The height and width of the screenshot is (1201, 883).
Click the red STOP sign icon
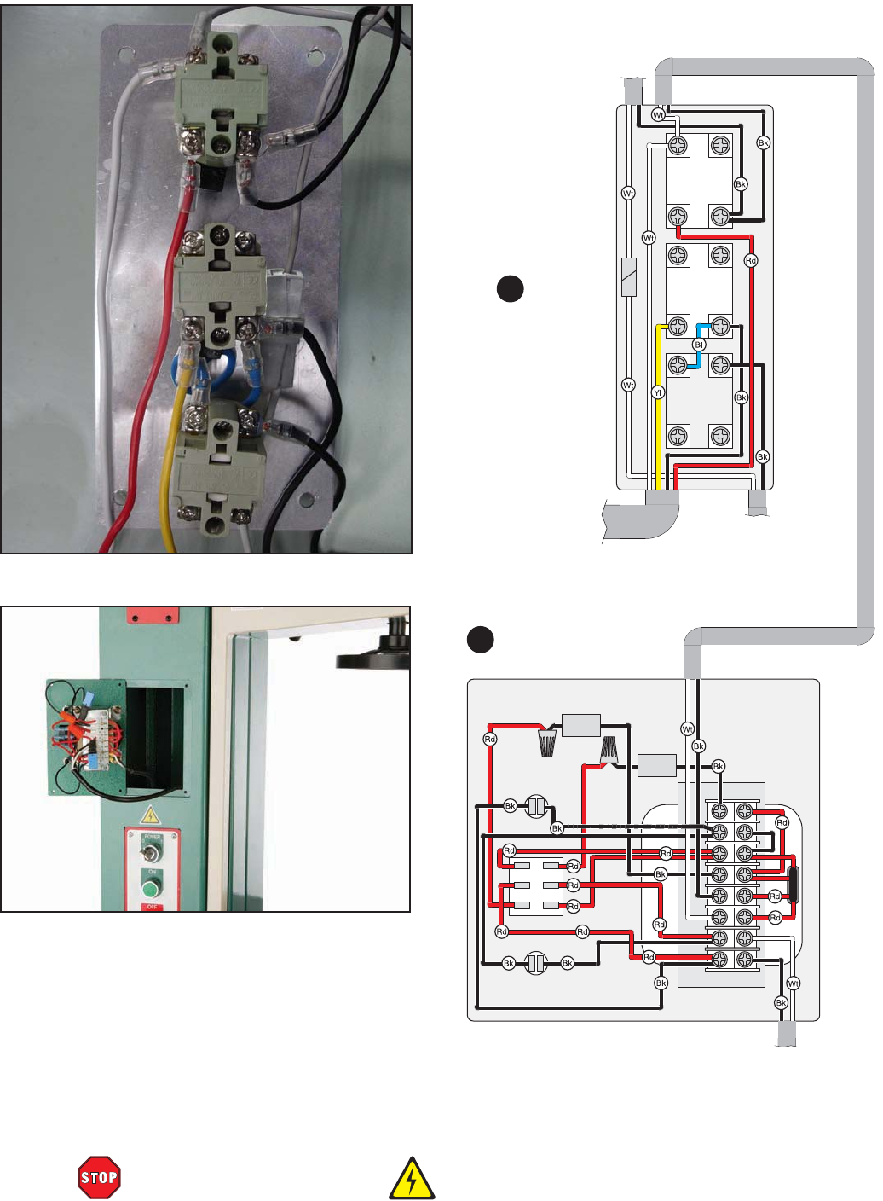(99, 1177)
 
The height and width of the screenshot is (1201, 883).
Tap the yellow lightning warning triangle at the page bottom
(412, 1179)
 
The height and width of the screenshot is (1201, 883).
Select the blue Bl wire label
(699, 345)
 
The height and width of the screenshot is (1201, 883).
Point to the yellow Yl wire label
(657, 392)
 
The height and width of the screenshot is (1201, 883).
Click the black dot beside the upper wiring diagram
(510, 288)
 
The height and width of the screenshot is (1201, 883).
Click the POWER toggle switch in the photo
(153, 854)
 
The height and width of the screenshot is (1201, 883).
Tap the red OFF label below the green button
(153, 907)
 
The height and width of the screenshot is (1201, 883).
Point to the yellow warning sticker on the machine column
(151, 815)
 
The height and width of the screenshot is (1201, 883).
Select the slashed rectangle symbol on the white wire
(629, 277)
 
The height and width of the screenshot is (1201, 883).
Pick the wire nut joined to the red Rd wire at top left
(547, 740)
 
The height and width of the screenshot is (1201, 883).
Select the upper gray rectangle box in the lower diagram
(581, 725)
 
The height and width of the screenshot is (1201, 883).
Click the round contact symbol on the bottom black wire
(536, 963)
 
